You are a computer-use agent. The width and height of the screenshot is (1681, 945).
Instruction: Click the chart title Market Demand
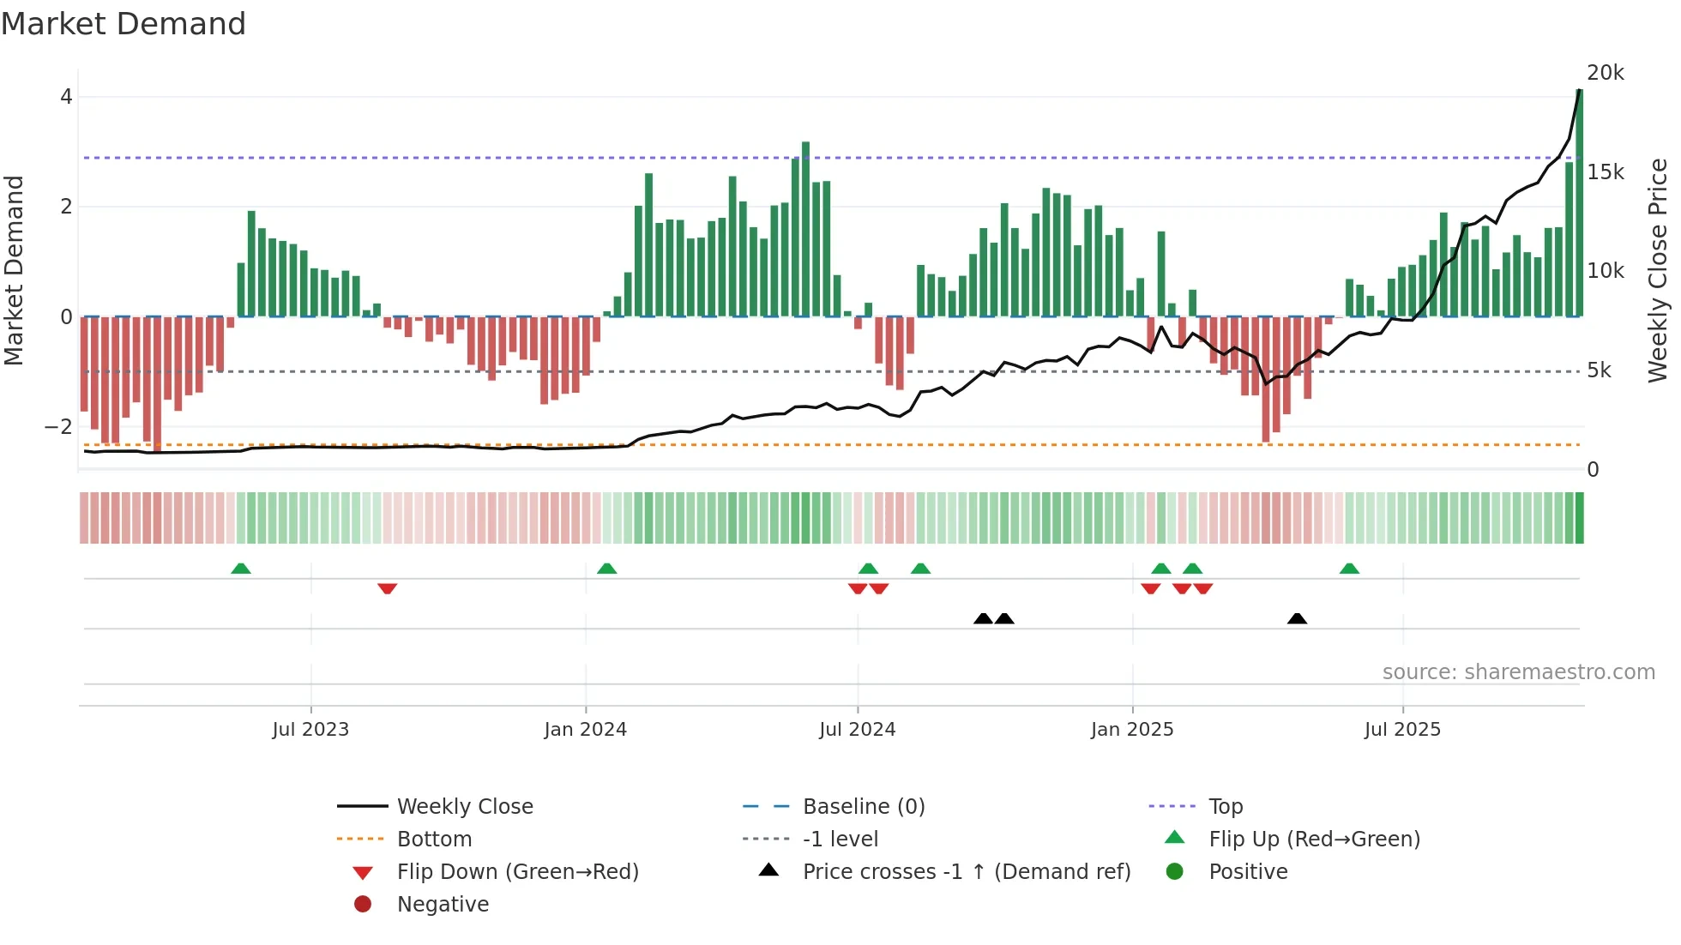pyautogui.click(x=124, y=24)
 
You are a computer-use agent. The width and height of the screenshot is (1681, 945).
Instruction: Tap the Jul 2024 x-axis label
pyautogui.click(x=857, y=730)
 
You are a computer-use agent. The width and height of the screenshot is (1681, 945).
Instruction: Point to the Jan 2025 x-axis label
pyautogui.click(x=1131, y=730)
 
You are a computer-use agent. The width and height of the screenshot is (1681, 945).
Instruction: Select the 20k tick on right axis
pyautogui.click(x=1605, y=73)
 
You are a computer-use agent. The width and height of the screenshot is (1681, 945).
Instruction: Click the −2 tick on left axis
pyautogui.click(x=58, y=426)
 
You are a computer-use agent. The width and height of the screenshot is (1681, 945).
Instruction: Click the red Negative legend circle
pyautogui.click(x=363, y=905)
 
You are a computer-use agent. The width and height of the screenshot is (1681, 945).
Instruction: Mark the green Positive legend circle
pyautogui.click(x=1175, y=872)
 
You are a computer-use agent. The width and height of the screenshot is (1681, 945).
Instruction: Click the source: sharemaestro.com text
pyautogui.click(x=1518, y=672)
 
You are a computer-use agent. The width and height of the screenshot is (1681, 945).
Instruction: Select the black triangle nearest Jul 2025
pyautogui.click(x=1297, y=619)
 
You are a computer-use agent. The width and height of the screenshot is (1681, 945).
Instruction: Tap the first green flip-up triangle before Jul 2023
pyautogui.click(x=241, y=569)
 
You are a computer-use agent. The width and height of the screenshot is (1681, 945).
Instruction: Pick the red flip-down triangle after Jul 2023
pyautogui.click(x=387, y=588)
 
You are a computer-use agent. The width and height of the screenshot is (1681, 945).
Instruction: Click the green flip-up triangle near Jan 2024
pyautogui.click(x=606, y=569)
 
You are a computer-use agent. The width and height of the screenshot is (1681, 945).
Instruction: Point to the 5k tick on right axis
pyautogui.click(x=1599, y=370)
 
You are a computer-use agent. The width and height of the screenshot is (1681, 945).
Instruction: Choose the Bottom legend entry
pyautogui.click(x=434, y=840)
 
